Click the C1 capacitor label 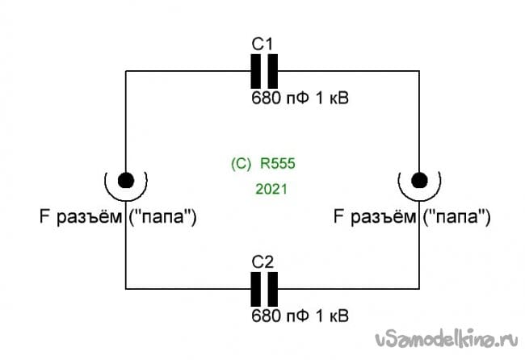click(x=262, y=44)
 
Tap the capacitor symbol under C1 click(x=263, y=71)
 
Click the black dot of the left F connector click(x=125, y=179)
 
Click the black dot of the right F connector click(x=419, y=179)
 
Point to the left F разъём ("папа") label click(x=116, y=216)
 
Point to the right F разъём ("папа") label click(x=412, y=216)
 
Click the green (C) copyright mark click(x=241, y=163)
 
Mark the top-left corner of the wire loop click(x=125, y=71)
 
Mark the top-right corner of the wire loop click(x=419, y=71)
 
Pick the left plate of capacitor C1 click(x=256, y=71)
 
